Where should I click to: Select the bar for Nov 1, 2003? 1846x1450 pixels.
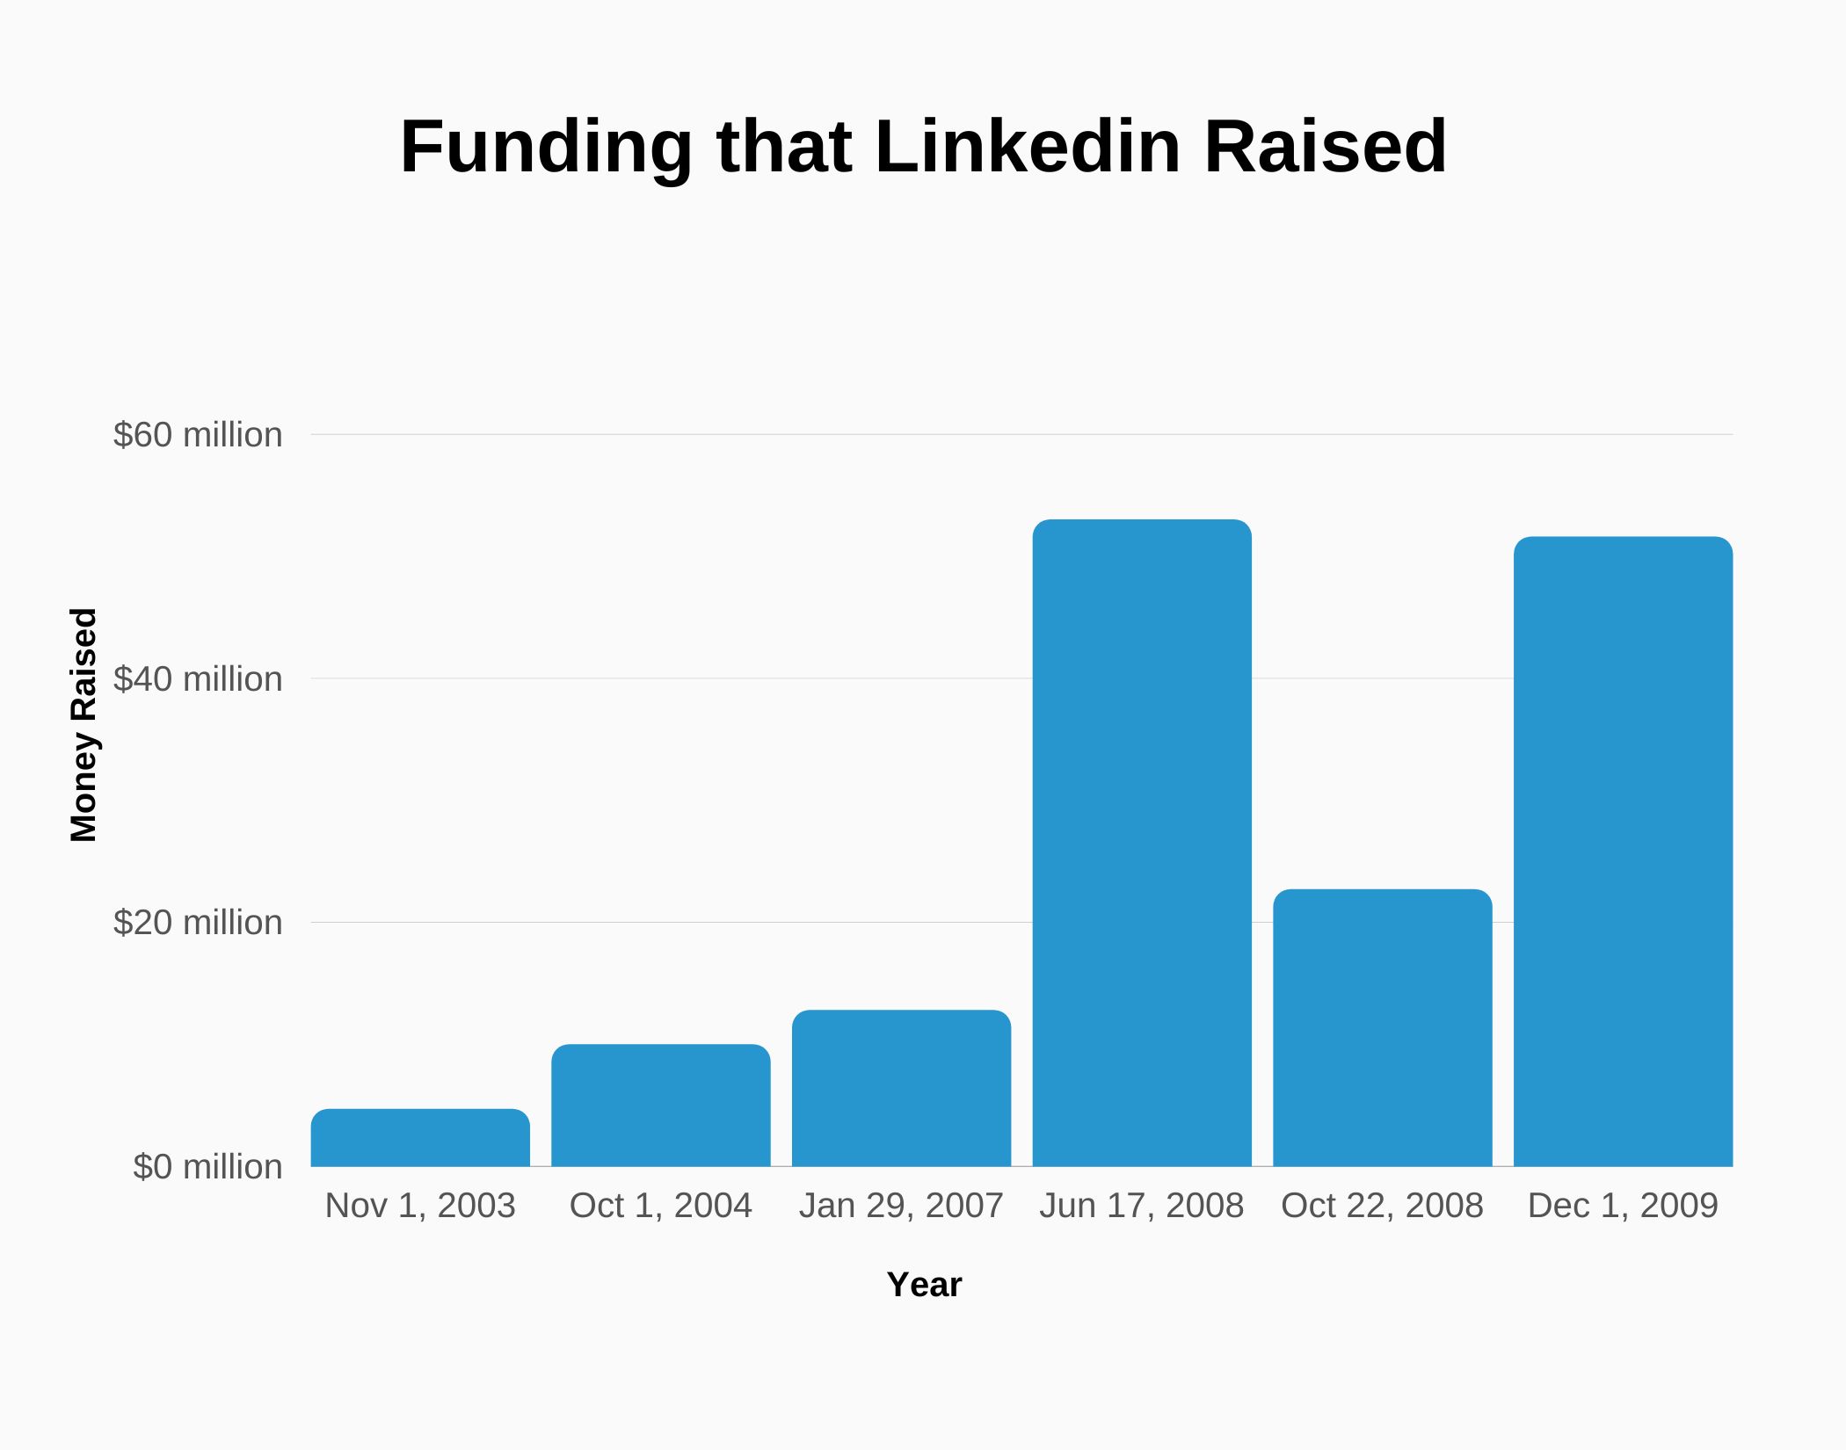tap(420, 1138)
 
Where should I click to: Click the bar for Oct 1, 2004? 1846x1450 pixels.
tap(660, 1106)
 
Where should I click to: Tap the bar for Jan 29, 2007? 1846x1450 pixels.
tap(901, 1088)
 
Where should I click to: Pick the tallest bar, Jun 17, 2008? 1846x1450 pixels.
tap(1141, 844)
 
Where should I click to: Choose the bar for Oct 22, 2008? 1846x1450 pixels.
tap(1382, 1028)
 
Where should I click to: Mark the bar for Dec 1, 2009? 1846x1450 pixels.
tap(1623, 852)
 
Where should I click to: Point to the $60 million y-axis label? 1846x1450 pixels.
tap(198, 435)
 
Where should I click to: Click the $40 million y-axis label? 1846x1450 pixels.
tap(198, 679)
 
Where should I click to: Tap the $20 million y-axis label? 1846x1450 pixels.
tap(198, 923)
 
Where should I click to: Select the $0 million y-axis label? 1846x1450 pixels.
tap(207, 1167)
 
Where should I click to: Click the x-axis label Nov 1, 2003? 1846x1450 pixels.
tap(420, 1206)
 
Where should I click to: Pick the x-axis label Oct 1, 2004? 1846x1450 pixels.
tap(660, 1206)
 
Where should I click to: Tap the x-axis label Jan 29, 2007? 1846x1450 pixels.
tap(901, 1206)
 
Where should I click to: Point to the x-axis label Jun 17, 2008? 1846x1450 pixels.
tap(1141, 1206)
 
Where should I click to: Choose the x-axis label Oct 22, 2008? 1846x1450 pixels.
tap(1382, 1206)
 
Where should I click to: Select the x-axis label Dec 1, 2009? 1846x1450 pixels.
tap(1623, 1206)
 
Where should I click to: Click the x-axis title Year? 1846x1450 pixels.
tap(924, 1285)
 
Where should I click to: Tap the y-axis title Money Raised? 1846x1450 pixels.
tap(84, 725)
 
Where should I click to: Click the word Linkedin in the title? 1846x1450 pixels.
tap(1028, 147)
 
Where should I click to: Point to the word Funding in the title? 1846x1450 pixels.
tap(546, 147)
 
